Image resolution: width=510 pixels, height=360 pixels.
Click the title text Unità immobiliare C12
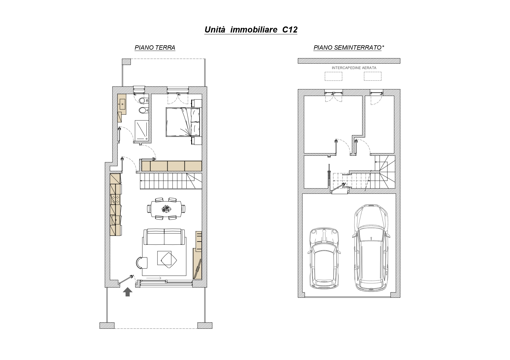coord(251,30)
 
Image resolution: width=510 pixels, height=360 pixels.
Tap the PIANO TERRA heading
coord(155,48)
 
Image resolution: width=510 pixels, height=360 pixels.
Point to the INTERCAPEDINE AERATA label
coord(354,68)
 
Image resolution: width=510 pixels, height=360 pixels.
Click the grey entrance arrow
coord(127,292)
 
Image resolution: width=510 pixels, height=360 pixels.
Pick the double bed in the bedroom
coord(183,122)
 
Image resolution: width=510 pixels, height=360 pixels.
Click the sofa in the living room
coord(164,237)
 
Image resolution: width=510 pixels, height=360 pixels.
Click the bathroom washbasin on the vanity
coord(122,102)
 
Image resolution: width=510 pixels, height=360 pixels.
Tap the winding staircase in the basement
coord(385,172)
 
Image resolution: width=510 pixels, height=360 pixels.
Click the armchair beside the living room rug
coord(142,263)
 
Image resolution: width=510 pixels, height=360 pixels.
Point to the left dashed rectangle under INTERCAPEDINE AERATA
coord(333,76)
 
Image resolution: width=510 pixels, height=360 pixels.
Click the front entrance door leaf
coord(127,279)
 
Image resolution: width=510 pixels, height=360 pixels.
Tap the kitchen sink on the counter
coord(115,220)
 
